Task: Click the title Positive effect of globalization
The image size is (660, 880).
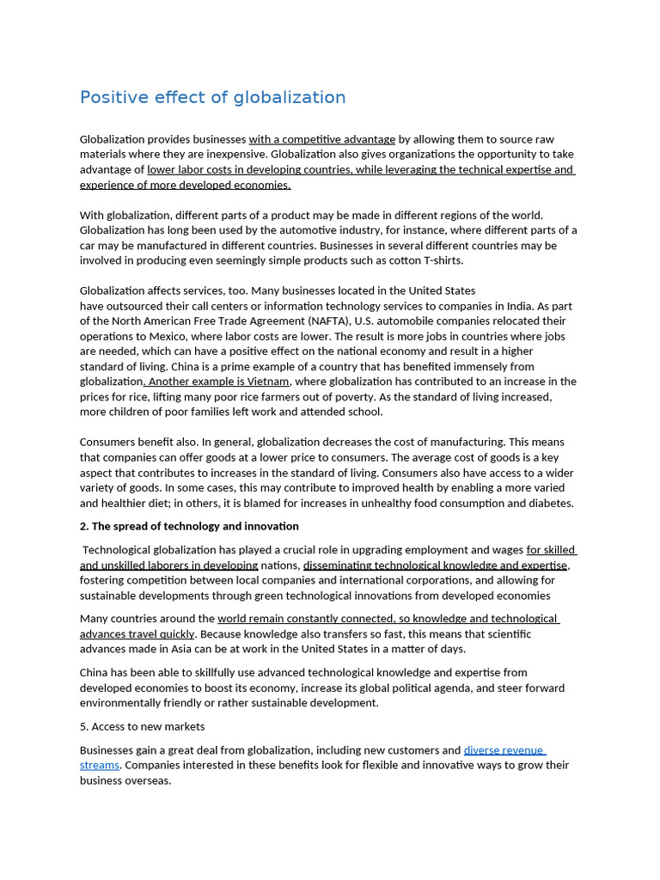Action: click(x=212, y=97)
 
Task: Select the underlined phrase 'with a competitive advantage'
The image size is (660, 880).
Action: click(x=322, y=139)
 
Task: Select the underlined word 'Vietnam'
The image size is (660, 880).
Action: click(x=268, y=382)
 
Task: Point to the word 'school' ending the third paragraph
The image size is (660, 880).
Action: click(x=364, y=412)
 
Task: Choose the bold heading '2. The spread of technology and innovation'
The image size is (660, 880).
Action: click(x=189, y=526)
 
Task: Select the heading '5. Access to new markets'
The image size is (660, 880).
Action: click(x=142, y=726)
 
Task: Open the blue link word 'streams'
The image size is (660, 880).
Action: click(x=100, y=765)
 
